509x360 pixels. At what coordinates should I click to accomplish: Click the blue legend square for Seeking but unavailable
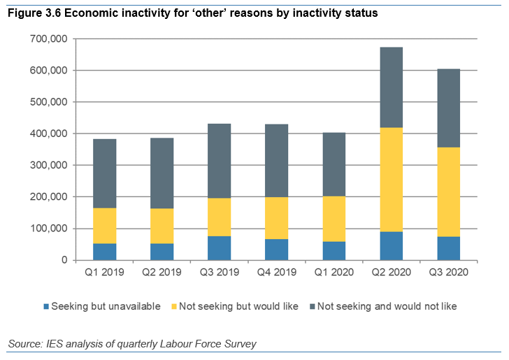pyautogui.click(x=46, y=306)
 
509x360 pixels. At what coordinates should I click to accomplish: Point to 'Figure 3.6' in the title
pyautogui.click(x=34, y=13)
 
